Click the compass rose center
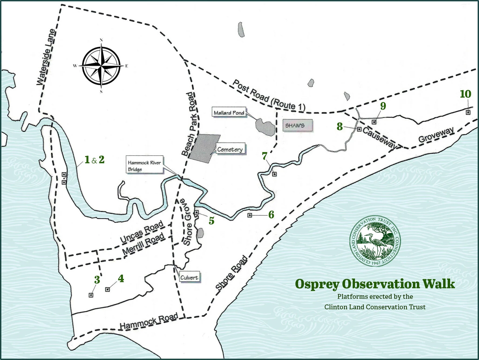pyautogui.click(x=101, y=66)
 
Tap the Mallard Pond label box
pyautogui.click(x=229, y=113)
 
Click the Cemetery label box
pyautogui.click(x=230, y=149)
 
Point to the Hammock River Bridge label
pyautogui.click(x=144, y=166)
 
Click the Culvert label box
pyautogui.click(x=189, y=277)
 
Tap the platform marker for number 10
pyautogui.click(x=468, y=112)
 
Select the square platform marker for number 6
pyautogui.click(x=250, y=215)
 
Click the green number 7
pyautogui.click(x=264, y=156)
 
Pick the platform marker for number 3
pyautogui.click(x=91, y=295)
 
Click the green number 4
pyautogui.click(x=121, y=279)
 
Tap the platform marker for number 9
pyautogui.click(x=374, y=122)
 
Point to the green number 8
pyautogui.click(x=340, y=126)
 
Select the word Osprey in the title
pyautogui.click(x=317, y=284)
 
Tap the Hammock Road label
pyautogui.click(x=149, y=321)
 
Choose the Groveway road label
pyautogui.click(x=436, y=135)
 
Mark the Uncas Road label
pyautogui.click(x=142, y=232)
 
